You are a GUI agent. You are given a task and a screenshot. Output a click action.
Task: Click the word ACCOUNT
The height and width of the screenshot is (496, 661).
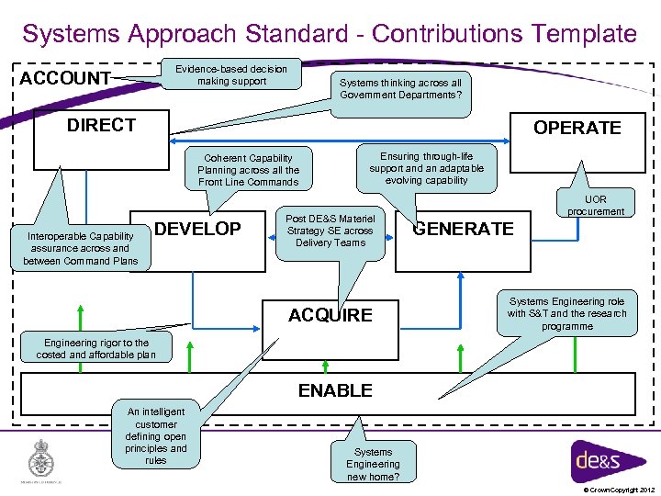tap(65, 78)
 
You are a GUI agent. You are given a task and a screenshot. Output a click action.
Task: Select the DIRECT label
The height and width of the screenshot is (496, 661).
tap(101, 125)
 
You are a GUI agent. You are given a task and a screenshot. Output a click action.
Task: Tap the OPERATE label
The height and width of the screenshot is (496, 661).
tap(577, 128)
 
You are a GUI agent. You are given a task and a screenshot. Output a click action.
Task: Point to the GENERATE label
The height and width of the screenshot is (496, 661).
tap(463, 229)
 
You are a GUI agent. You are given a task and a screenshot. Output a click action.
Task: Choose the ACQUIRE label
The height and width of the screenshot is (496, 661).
tap(330, 315)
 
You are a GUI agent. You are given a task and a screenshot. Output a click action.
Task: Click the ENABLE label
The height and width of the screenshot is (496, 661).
tap(335, 390)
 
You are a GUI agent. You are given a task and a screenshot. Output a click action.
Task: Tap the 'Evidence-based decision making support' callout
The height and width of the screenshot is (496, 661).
tap(230, 74)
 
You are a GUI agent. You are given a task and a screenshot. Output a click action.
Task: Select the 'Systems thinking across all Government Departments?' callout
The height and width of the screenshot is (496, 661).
tap(399, 89)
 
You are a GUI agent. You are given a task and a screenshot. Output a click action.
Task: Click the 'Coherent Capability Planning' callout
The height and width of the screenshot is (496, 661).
tap(248, 170)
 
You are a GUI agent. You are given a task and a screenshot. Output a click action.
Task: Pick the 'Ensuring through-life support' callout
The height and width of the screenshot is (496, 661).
tap(426, 168)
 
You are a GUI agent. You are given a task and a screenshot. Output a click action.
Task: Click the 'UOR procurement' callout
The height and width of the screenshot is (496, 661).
tap(595, 205)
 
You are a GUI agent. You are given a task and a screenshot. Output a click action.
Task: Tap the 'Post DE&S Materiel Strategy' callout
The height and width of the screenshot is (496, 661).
tap(330, 231)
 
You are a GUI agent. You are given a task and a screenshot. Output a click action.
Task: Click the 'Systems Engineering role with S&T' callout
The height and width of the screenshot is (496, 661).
tap(566, 313)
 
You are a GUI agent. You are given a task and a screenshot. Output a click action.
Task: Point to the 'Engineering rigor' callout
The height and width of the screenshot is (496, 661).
tap(95, 348)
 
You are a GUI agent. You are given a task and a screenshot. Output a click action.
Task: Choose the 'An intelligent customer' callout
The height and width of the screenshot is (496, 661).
tap(156, 435)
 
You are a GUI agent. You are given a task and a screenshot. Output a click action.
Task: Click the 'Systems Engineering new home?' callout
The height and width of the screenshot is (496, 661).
tap(373, 464)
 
